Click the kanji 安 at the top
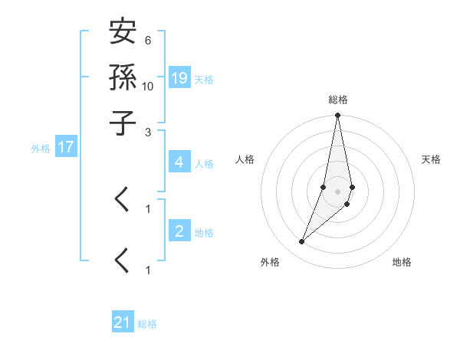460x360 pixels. coord(123,34)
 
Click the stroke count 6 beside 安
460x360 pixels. coord(147,40)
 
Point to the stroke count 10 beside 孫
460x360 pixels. coord(148,85)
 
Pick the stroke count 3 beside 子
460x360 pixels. coord(147,131)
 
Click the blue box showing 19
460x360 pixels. coord(179,77)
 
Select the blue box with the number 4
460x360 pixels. coord(179,162)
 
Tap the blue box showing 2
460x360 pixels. coord(179,231)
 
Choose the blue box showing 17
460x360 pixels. coord(66,147)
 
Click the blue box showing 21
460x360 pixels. coord(123,322)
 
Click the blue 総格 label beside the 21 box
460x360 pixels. coord(147,324)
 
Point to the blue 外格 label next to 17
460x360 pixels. coord(41,149)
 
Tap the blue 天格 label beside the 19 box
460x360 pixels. coord(204,79)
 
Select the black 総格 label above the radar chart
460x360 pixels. coord(337,100)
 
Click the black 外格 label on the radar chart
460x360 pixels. coord(270,262)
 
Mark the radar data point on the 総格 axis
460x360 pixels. coord(337,116)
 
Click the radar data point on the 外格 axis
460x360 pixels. coord(302,242)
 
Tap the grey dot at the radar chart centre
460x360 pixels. coord(337,191)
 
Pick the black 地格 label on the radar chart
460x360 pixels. coord(402,262)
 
